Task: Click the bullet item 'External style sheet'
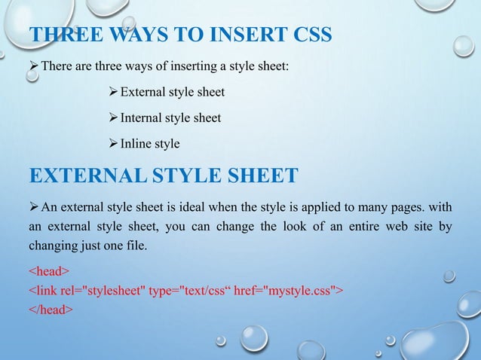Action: pyautogui.click(x=173, y=93)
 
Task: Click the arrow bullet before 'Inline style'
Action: pyautogui.click(x=113, y=142)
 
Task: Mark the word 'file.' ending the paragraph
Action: pyautogui.click(x=133, y=245)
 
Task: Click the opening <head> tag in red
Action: pyautogui.click(x=49, y=270)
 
